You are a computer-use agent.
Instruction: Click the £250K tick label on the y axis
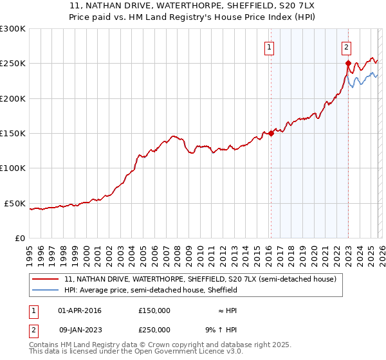coord(13,64)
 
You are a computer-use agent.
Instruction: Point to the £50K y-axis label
coord(15,203)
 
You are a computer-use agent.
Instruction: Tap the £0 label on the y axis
coord(20,238)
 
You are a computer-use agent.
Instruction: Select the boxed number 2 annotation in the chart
coord(346,46)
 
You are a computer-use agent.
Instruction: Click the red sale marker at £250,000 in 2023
coord(348,64)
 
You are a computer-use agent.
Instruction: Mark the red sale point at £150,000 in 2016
coord(271,133)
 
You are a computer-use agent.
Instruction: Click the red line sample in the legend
coord(46,280)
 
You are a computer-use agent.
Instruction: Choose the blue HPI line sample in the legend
coord(46,291)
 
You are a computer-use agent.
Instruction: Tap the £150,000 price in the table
coord(154,310)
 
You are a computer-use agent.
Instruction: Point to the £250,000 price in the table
coord(154,329)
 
